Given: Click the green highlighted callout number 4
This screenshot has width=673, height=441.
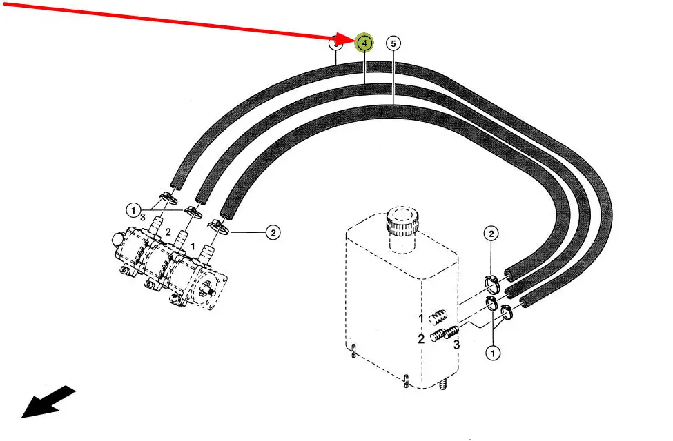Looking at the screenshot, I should [364, 43].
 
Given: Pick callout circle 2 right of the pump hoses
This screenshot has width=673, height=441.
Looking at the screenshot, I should [273, 233].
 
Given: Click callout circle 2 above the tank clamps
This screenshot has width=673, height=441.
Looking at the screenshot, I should [491, 233].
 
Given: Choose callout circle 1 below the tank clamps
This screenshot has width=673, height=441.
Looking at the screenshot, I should [493, 353].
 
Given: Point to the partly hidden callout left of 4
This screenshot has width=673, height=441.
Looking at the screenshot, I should [335, 43].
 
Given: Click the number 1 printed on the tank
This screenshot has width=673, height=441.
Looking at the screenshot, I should [419, 318].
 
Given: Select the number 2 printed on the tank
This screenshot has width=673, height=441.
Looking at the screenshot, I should [420, 338].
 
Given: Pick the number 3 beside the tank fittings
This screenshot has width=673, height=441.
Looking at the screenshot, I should [456, 344].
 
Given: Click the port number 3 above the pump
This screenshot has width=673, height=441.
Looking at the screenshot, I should [143, 216].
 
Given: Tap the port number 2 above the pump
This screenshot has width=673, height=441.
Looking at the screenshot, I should [167, 232].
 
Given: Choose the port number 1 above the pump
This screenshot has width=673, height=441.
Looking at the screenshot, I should [193, 246].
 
